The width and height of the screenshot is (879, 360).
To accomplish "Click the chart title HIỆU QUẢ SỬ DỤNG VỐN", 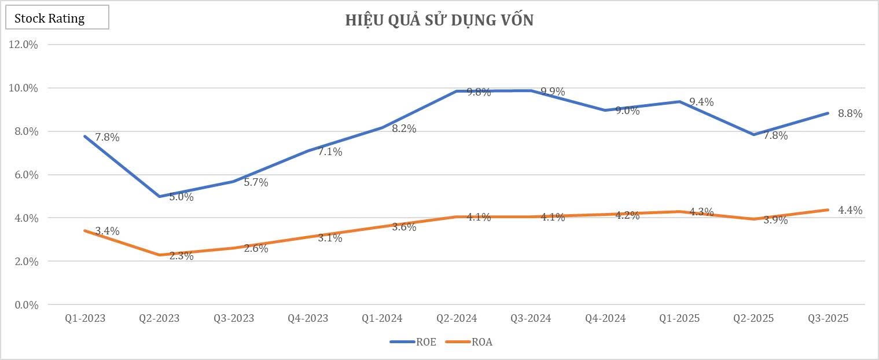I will click(x=439, y=20).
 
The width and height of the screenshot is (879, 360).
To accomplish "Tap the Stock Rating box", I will click(x=57, y=19).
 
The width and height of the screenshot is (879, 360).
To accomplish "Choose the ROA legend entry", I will click(x=469, y=341).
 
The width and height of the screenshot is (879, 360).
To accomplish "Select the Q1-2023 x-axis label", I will click(x=86, y=318).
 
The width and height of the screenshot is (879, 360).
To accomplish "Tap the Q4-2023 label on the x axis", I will click(x=308, y=318).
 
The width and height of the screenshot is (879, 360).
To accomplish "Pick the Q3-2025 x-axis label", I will click(x=828, y=318).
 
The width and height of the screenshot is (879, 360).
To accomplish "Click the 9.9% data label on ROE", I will click(x=553, y=91).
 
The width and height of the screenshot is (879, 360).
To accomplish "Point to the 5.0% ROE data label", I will click(x=181, y=197).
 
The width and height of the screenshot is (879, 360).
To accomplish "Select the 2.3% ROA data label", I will click(x=181, y=256).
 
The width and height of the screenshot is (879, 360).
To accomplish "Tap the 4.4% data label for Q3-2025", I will click(x=850, y=210).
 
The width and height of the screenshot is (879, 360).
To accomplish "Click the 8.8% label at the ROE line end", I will click(x=850, y=113).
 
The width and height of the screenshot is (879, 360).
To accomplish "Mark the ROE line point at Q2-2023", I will click(x=160, y=196).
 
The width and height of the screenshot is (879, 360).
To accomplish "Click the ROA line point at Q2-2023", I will click(x=160, y=255).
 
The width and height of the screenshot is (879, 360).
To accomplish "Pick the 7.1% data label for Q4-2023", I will click(x=330, y=152).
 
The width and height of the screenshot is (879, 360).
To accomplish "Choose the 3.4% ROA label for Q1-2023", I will click(x=107, y=231).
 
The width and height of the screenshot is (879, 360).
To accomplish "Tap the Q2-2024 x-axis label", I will click(x=457, y=318).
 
